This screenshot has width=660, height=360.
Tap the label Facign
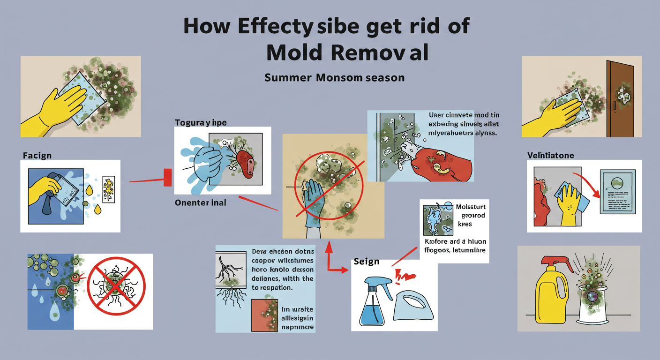(37, 155)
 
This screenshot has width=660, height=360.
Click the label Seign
(366, 261)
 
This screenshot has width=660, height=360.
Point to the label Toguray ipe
(201, 123)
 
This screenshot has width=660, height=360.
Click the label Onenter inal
(200, 202)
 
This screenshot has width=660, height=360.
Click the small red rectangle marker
(167, 178)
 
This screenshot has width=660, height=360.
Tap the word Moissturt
(471, 207)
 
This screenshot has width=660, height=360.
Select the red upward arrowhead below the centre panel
(329, 246)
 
